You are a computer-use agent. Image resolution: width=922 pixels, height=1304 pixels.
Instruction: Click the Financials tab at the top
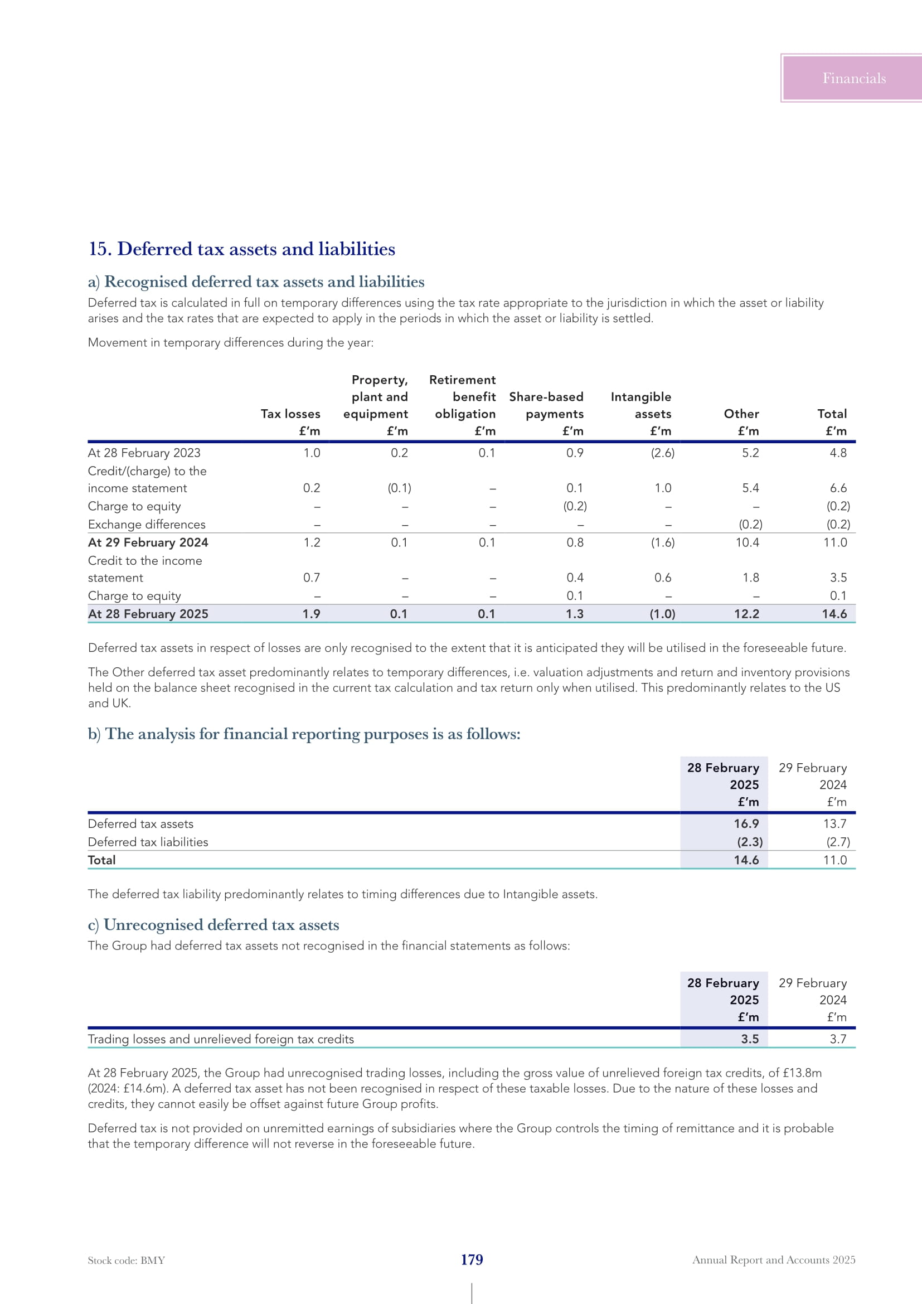853,79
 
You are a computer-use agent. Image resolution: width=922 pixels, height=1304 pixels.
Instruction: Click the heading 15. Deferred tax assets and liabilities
241,249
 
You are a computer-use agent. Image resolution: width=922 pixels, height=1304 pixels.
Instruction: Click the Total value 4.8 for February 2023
837,453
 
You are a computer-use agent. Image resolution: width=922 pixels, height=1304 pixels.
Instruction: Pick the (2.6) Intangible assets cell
662,453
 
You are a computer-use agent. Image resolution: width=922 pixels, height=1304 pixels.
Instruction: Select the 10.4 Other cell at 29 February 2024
747,542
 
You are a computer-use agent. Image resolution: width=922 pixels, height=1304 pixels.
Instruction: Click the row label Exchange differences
147,524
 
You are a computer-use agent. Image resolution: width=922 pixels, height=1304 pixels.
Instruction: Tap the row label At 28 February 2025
148,614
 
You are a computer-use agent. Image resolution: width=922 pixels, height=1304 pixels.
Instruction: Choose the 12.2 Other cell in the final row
746,614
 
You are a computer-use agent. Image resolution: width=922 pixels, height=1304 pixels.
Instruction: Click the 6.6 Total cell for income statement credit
837,488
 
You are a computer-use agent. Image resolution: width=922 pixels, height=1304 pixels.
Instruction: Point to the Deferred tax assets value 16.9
746,823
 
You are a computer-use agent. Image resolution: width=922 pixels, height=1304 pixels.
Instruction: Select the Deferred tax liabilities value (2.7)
837,842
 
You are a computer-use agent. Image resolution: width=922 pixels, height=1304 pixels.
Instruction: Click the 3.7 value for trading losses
837,1039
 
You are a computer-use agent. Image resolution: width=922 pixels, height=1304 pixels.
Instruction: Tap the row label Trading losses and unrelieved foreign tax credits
221,1039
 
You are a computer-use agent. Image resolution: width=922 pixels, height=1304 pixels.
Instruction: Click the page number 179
472,1260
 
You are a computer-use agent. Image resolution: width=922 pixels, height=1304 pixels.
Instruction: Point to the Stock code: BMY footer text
127,1261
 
